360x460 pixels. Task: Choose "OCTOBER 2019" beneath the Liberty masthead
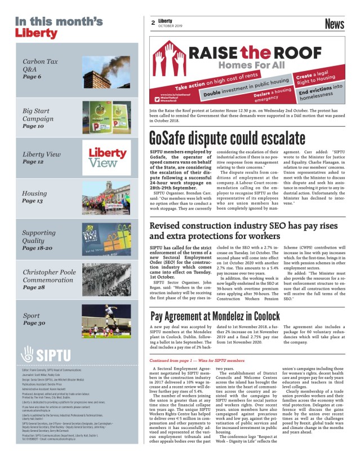pos(169,26)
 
